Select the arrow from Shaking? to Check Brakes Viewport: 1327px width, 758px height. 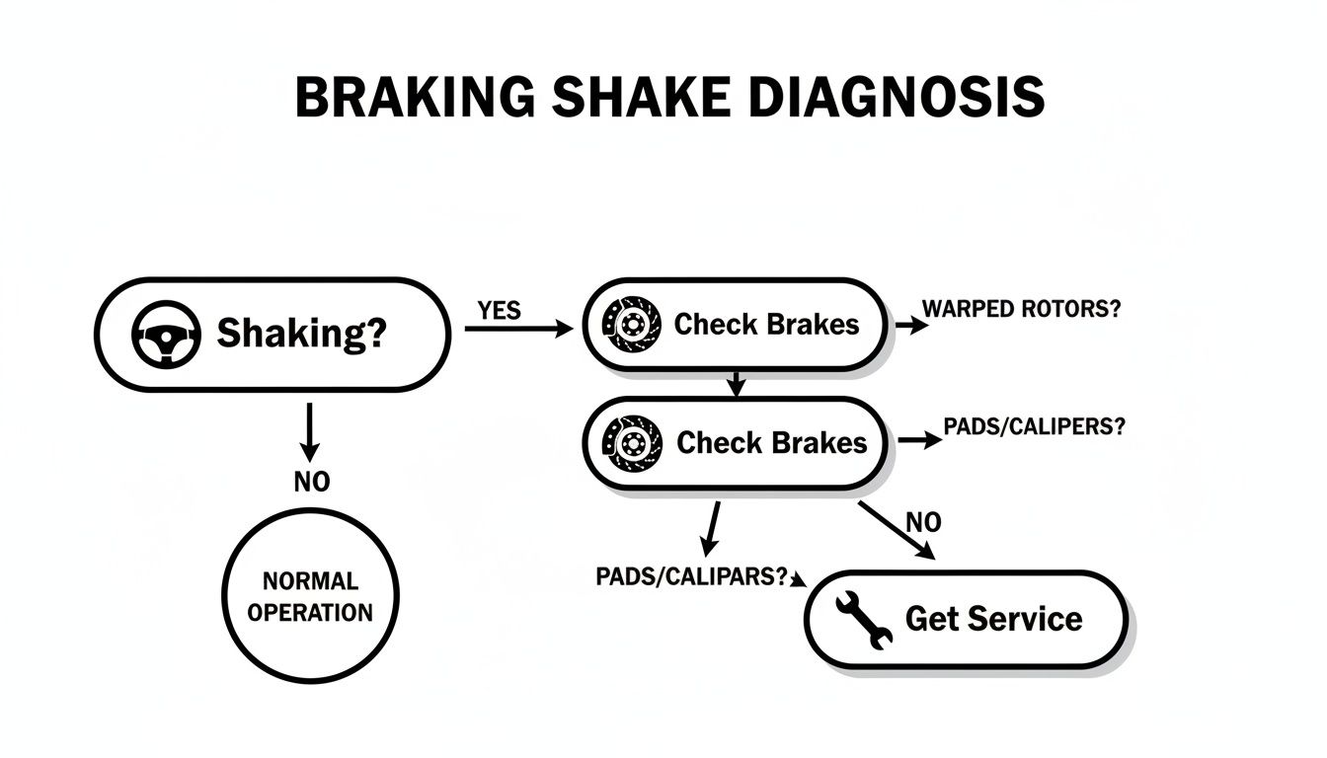(517, 330)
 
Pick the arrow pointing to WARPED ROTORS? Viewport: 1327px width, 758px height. (911, 325)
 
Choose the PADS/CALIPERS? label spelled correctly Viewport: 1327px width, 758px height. (1033, 426)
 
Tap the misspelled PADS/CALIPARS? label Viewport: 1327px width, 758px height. (693, 577)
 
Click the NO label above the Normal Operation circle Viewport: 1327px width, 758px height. (311, 483)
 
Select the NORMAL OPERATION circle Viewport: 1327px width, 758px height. (310, 596)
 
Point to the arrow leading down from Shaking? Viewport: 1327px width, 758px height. (310, 430)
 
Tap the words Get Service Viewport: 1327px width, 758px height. (993, 619)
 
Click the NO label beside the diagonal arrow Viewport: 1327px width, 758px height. (923, 522)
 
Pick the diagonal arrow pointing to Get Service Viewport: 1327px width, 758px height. (896, 531)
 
